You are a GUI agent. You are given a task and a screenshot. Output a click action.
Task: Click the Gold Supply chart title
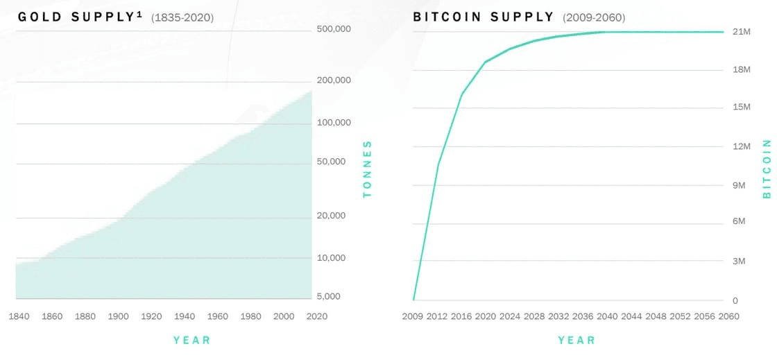pyautogui.click(x=79, y=17)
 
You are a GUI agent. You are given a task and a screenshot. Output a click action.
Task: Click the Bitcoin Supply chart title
pyautogui.click(x=484, y=17)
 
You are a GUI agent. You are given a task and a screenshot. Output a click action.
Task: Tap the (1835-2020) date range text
pyautogui.click(x=182, y=17)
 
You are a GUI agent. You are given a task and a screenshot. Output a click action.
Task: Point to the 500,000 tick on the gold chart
pyautogui.click(x=334, y=29)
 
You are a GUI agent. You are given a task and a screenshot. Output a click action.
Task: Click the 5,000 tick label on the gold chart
pyautogui.click(x=330, y=297)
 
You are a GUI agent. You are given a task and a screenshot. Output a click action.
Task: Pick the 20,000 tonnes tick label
pyautogui.click(x=331, y=216)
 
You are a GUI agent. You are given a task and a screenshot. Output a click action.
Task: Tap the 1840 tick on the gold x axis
pyautogui.click(x=19, y=316)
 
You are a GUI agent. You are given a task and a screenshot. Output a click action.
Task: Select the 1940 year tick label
pyautogui.click(x=185, y=316)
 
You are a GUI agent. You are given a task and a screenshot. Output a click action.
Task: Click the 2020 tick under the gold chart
pyautogui.click(x=316, y=316)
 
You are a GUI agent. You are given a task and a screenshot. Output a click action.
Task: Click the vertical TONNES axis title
pyautogui.click(x=368, y=169)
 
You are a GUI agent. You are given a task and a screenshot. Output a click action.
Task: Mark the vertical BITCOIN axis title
pyautogui.click(x=767, y=169)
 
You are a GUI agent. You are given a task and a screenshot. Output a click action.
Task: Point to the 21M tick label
pyautogui.click(x=742, y=32)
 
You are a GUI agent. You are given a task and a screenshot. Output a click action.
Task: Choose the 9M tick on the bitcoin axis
pyautogui.click(x=739, y=185)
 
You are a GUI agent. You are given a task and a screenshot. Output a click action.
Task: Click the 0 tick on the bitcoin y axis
pyautogui.click(x=735, y=300)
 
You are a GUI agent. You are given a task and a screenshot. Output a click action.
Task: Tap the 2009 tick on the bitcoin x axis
pyautogui.click(x=413, y=316)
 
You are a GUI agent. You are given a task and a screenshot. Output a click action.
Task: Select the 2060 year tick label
pyautogui.click(x=729, y=316)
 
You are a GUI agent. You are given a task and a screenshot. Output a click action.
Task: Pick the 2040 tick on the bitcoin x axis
pyautogui.click(x=607, y=316)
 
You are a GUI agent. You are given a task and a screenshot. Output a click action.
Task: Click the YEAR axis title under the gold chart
pyautogui.click(x=191, y=340)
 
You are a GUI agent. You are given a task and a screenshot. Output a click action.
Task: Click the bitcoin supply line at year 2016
pyautogui.click(x=462, y=94)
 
